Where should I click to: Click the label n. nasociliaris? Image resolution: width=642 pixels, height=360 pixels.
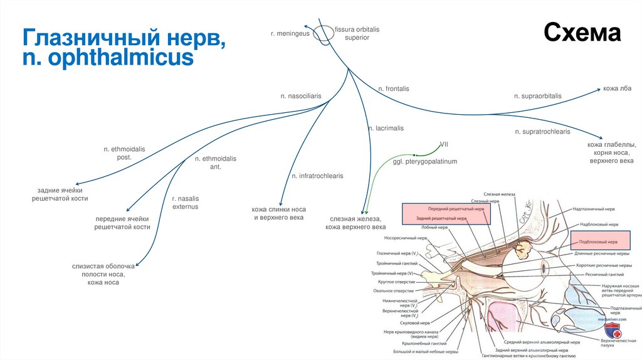point(301,96)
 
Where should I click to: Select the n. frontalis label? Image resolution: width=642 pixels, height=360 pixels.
point(394,89)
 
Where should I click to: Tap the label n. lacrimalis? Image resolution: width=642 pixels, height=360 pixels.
point(386,128)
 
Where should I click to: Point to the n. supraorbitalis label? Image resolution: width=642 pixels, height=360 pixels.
point(538,96)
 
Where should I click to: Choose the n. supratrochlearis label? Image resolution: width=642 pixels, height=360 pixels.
point(543,132)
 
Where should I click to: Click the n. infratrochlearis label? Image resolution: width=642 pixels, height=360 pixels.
point(317,176)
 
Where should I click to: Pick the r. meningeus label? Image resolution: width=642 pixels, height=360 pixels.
point(290,33)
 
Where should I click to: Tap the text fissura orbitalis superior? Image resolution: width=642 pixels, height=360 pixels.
point(357,33)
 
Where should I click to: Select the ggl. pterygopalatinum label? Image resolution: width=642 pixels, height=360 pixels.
point(425,161)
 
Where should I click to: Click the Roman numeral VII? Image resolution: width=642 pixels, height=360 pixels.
point(444,144)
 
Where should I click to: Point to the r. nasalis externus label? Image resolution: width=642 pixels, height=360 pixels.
point(185,202)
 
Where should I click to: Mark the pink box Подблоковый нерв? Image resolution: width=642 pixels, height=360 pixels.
point(598,241)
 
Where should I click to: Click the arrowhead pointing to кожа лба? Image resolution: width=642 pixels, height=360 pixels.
point(597,90)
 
